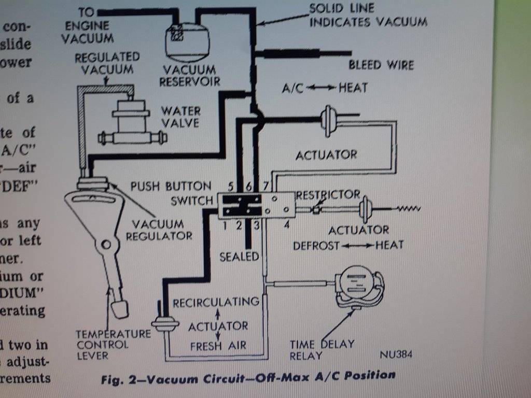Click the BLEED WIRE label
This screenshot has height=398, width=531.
pyautogui.click(x=381, y=65)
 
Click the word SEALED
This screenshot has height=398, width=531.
pyautogui.click(x=239, y=257)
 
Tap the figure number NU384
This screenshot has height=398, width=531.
pyautogui.click(x=396, y=355)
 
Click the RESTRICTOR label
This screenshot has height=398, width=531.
pyautogui.click(x=328, y=195)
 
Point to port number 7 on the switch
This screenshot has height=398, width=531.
pyautogui.click(x=267, y=186)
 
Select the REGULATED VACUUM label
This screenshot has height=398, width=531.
pyautogui.click(x=107, y=63)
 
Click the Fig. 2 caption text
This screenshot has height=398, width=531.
pyautogui.click(x=247, y=377)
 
